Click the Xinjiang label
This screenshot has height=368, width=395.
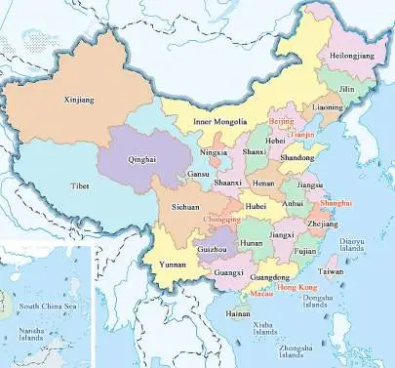(74, 99)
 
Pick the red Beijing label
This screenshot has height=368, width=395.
(281, 120)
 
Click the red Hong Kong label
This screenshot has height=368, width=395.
(297, 288)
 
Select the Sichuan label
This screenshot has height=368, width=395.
(186, 208)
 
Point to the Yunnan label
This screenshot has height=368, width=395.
(172, 265)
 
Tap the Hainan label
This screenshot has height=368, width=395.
(238, 314)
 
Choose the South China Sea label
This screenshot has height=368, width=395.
(46, 307)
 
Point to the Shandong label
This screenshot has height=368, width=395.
(297, 157)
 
